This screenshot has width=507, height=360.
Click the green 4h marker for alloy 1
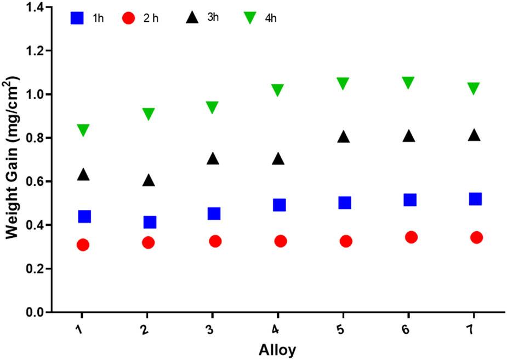click(x=83, y=130)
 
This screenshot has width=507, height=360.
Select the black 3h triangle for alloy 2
click(x=149, y=181)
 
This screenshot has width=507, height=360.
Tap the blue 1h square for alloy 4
click(x=279, y=205)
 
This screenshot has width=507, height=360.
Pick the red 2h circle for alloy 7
click(x=476, y=237)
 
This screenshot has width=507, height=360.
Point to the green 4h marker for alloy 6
click(x=408, y=83)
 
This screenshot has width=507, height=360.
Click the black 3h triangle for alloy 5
click(x=344, y=137)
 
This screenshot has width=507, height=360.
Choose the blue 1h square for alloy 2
click(x=150, y=222)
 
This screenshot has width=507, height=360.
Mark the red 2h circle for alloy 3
click(x=215, y=241)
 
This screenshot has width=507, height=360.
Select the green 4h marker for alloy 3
click(x=212, y=107)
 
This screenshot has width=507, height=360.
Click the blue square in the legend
click(x=77, y=18)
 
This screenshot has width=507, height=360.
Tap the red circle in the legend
click(x=128, y=18)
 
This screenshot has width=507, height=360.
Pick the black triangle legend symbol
click(x=191, y=18)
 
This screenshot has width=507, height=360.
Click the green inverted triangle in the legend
click(x=250, y=18)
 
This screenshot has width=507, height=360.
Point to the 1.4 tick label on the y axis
click(x=36, y=7)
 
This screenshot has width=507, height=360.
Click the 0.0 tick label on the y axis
click(x=36, y=312)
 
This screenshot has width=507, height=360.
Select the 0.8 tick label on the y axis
click(x=36, y=138)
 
